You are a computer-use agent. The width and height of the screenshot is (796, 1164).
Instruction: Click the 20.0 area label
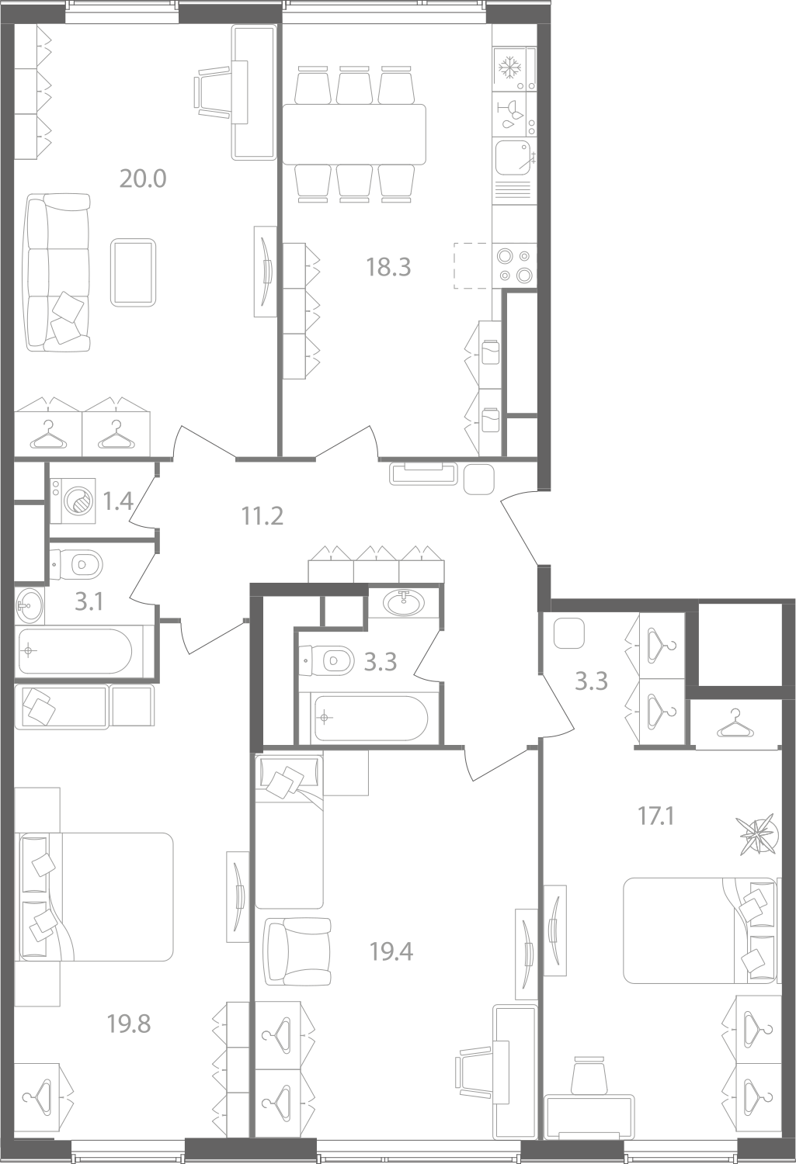143,178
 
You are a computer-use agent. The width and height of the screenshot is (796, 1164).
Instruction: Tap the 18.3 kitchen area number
388,267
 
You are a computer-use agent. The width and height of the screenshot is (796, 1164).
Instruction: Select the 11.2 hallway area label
262,517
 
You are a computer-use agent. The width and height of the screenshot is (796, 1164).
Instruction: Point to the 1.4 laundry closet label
118,502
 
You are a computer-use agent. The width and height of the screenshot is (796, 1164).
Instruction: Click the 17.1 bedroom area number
655,817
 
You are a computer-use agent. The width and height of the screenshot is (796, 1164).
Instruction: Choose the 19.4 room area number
391,952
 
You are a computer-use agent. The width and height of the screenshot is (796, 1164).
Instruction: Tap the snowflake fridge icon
509,68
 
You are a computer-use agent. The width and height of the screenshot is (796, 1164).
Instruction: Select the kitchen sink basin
513,158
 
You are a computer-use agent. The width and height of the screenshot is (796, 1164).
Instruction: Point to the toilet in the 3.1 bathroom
76,564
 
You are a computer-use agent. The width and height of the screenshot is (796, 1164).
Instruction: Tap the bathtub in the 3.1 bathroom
75,650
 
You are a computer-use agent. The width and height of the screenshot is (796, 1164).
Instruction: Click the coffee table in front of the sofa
133,272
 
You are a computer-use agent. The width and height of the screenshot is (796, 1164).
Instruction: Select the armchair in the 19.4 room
297,951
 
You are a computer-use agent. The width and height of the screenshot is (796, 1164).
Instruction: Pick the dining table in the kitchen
354,134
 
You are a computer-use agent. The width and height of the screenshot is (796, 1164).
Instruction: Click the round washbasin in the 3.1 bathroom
29,605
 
